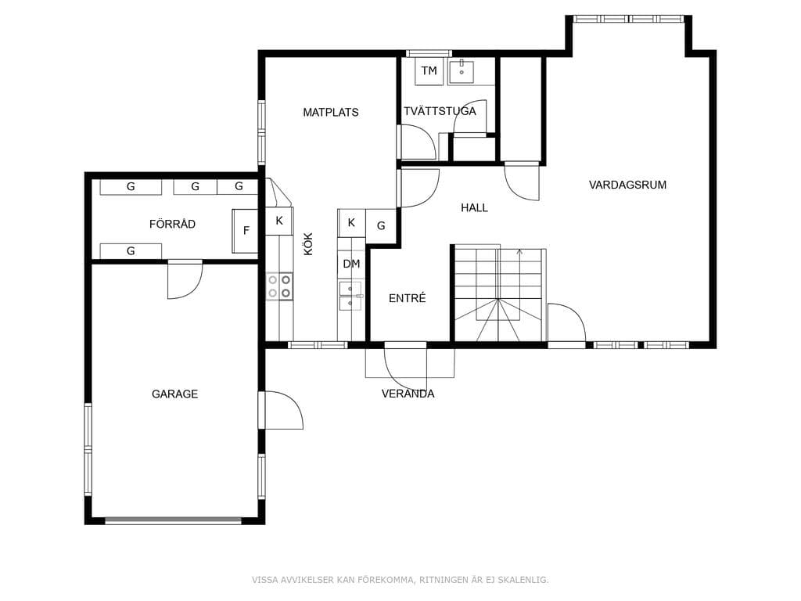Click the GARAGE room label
(x=174, y=394)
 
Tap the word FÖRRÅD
(x=172, y=224)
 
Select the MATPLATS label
(x=331, y=113)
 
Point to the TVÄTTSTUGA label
(x=440, y=111)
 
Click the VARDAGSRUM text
(x=627, y=185)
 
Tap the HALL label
(x=474, y=207)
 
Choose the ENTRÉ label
(x=407, y=298)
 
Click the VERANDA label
(x=408, y=394)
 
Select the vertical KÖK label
(x=308, y=244)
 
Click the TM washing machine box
(x=429, y=71)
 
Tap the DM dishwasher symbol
(x=351, y=265)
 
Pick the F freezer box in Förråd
(x=245, y=231)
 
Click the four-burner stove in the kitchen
(x=279, y=286)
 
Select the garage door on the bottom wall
(x=173, y=520)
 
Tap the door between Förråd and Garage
(x=185, y=279)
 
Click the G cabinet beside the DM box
(x=381, y=225)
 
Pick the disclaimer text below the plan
(x=400, y=580)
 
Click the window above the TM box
(x=429, y=53)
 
